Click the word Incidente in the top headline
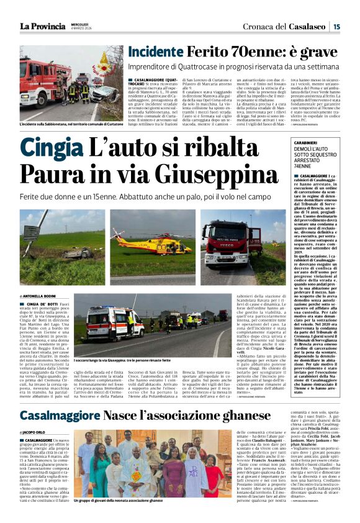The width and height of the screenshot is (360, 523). point(156,52)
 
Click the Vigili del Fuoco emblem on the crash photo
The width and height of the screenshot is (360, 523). point(104,60)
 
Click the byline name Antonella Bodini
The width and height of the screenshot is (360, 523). point(42,296)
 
